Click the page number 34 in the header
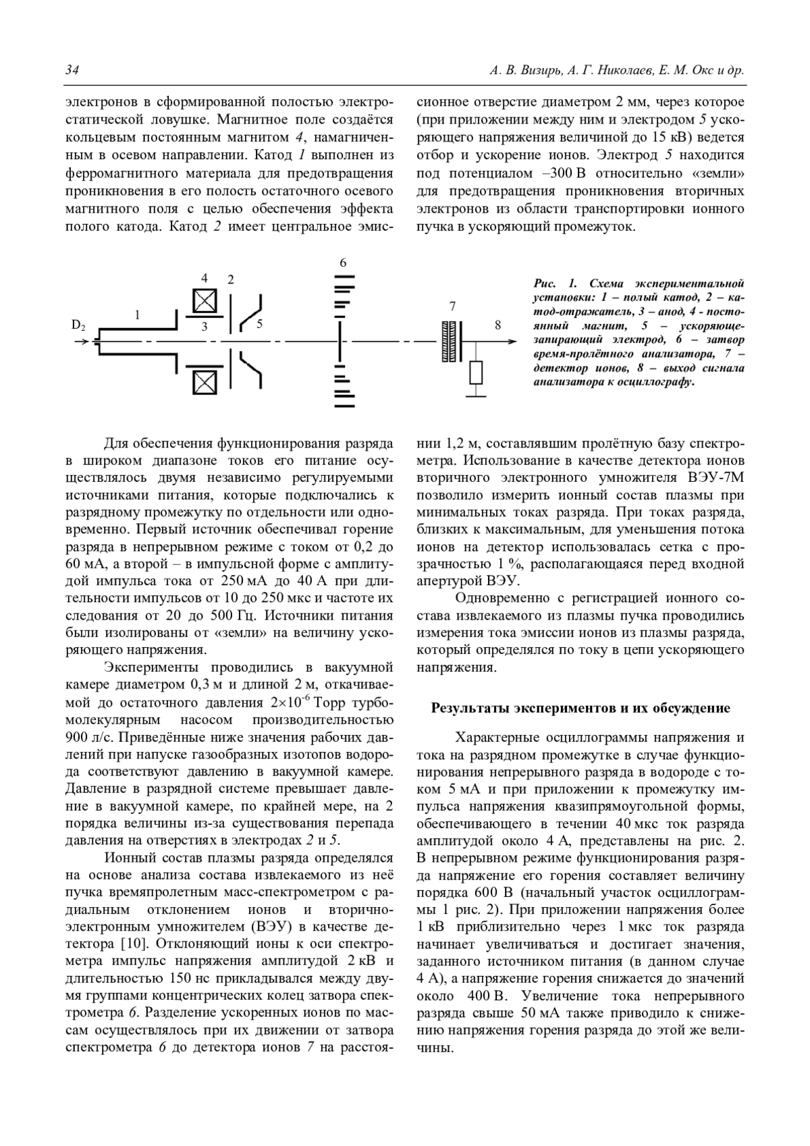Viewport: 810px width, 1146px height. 72,71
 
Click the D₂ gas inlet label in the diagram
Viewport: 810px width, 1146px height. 79,325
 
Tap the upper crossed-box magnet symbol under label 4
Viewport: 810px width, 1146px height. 204,301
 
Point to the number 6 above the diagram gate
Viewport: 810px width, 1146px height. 343,263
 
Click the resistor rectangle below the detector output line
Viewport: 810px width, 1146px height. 477,372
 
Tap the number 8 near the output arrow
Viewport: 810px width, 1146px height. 498,325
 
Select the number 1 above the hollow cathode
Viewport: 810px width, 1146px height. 137,315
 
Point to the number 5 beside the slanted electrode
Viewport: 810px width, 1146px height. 259,323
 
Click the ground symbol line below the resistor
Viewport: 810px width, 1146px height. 477,396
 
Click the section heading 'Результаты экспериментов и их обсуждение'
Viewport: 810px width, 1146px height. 580,708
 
